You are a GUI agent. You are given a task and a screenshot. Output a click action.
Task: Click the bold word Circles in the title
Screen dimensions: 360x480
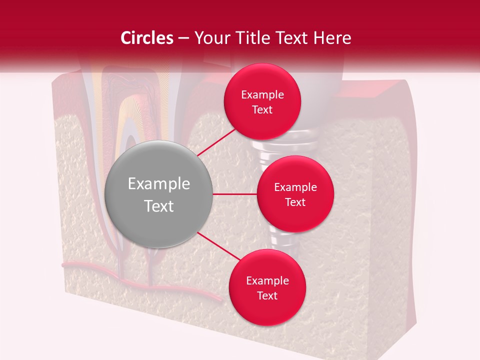click(x=146, y=38)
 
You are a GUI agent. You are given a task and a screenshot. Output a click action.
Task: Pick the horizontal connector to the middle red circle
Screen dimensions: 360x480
click(x=234, y=194)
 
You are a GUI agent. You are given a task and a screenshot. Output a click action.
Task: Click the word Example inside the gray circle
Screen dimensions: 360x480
click(x=158, y=184)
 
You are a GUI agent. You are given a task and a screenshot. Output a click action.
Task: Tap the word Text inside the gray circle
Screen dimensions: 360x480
click(x=158, y=206)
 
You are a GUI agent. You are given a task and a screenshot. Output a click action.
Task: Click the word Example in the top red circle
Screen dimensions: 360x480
click(x=262, y=95)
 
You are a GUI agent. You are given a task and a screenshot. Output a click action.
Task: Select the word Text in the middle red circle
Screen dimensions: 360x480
click(x=295, y=202)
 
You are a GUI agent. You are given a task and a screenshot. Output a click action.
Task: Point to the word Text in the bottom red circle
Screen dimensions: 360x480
click(x=267, y=295)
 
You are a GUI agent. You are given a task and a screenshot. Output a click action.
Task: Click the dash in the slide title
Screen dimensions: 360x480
click(x=183, y=38)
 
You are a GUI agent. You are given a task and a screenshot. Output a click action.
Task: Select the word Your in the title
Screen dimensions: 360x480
click(x=210, y=38)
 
